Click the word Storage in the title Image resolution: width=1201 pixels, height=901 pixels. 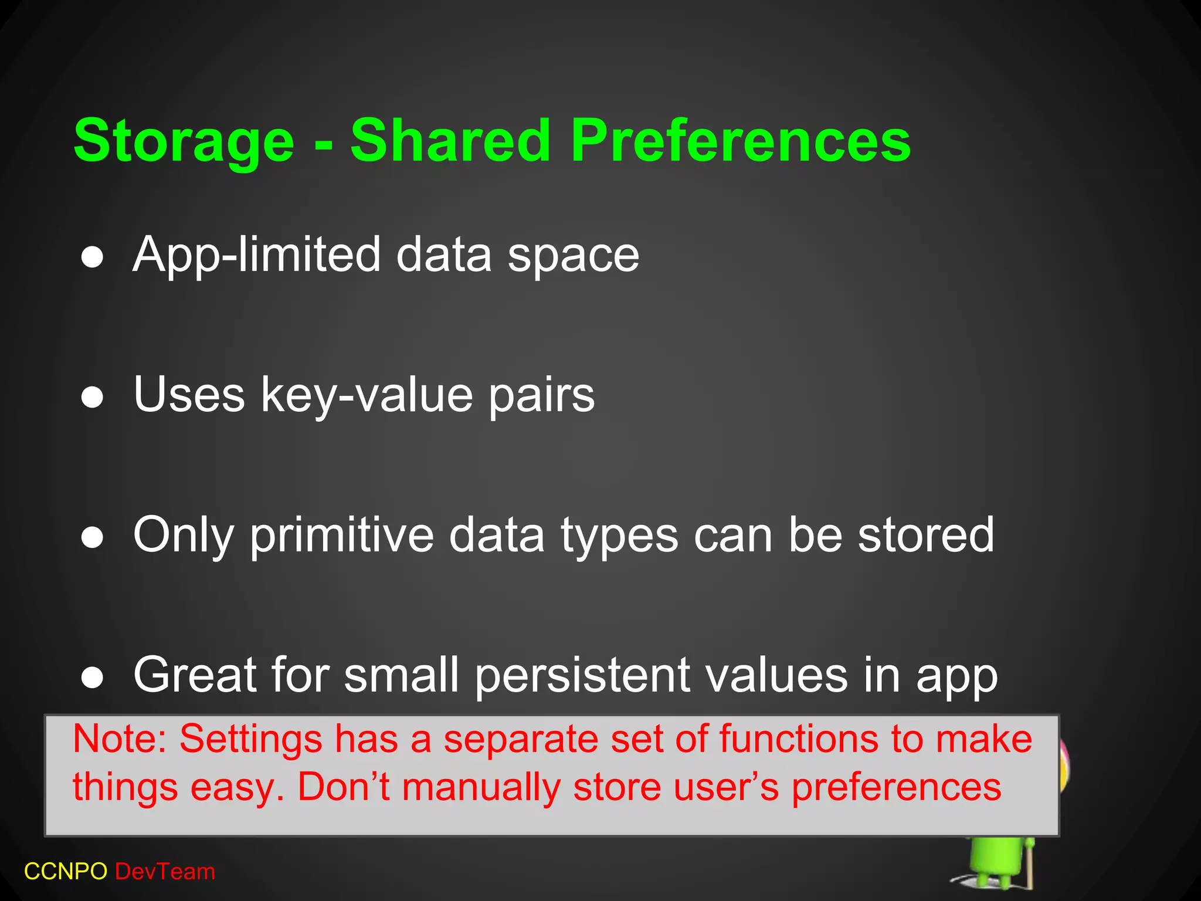coord(184,141)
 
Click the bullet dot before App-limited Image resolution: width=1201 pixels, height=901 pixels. coord(93,257)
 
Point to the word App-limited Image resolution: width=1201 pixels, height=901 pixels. coord(257,256)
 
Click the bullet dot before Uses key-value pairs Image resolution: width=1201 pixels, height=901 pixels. coord(93,397)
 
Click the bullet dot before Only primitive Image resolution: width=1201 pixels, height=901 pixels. coord(93,537)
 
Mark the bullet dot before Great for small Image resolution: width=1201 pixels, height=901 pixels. coord(93,678)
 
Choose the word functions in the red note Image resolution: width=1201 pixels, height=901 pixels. coord(797,739)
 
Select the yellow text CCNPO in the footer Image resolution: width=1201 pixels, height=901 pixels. coord(65,872)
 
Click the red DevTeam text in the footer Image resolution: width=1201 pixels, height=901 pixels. coord(165,872)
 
